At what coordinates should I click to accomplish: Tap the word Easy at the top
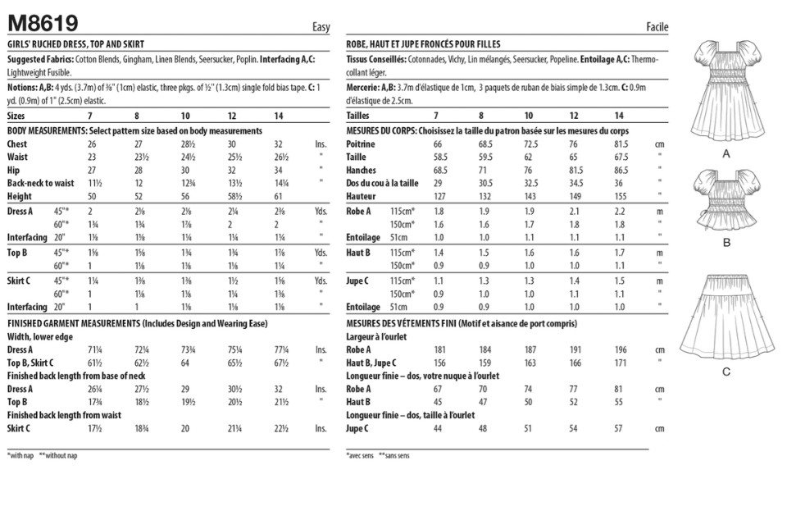click(321, 27)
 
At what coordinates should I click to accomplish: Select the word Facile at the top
click(657, 27)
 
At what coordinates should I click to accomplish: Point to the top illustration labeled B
click(725, 201)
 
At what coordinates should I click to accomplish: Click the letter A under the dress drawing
click(725, 153)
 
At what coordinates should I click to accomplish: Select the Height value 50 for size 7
click(92, 196)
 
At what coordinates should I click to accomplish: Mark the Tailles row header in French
click(359, 116)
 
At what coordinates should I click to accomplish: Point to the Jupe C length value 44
click(438, 427)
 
